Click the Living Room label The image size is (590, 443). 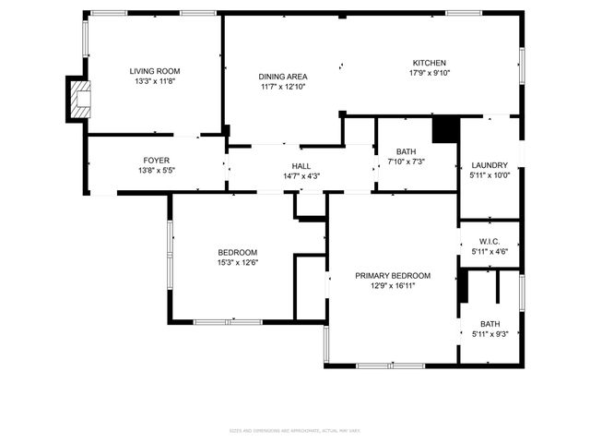(154, 71)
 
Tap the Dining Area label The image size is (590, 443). (283, 77)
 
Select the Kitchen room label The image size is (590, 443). (430, 63)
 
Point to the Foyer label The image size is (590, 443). (156, 161)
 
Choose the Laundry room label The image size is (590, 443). (490, 165)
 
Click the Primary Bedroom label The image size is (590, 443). (393, 275)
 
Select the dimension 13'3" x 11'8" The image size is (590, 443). (154, 81)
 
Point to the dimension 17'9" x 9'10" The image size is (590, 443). (430, 73)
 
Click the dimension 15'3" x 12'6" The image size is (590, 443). (237, 263)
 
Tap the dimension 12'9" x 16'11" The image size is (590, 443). (393, 285)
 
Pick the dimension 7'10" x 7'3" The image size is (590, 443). (407, 162)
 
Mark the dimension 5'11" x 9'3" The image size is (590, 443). (490, 334)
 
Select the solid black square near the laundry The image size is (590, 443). (445, 128)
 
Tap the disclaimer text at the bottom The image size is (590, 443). (295, 430)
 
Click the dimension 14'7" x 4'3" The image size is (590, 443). (301, 176)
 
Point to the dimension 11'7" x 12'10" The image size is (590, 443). (283, 87)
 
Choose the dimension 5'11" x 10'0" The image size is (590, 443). (490, 175)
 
